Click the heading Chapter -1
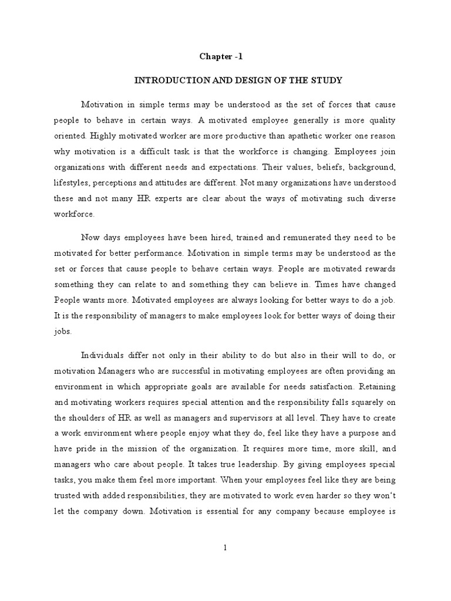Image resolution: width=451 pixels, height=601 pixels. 221,57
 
